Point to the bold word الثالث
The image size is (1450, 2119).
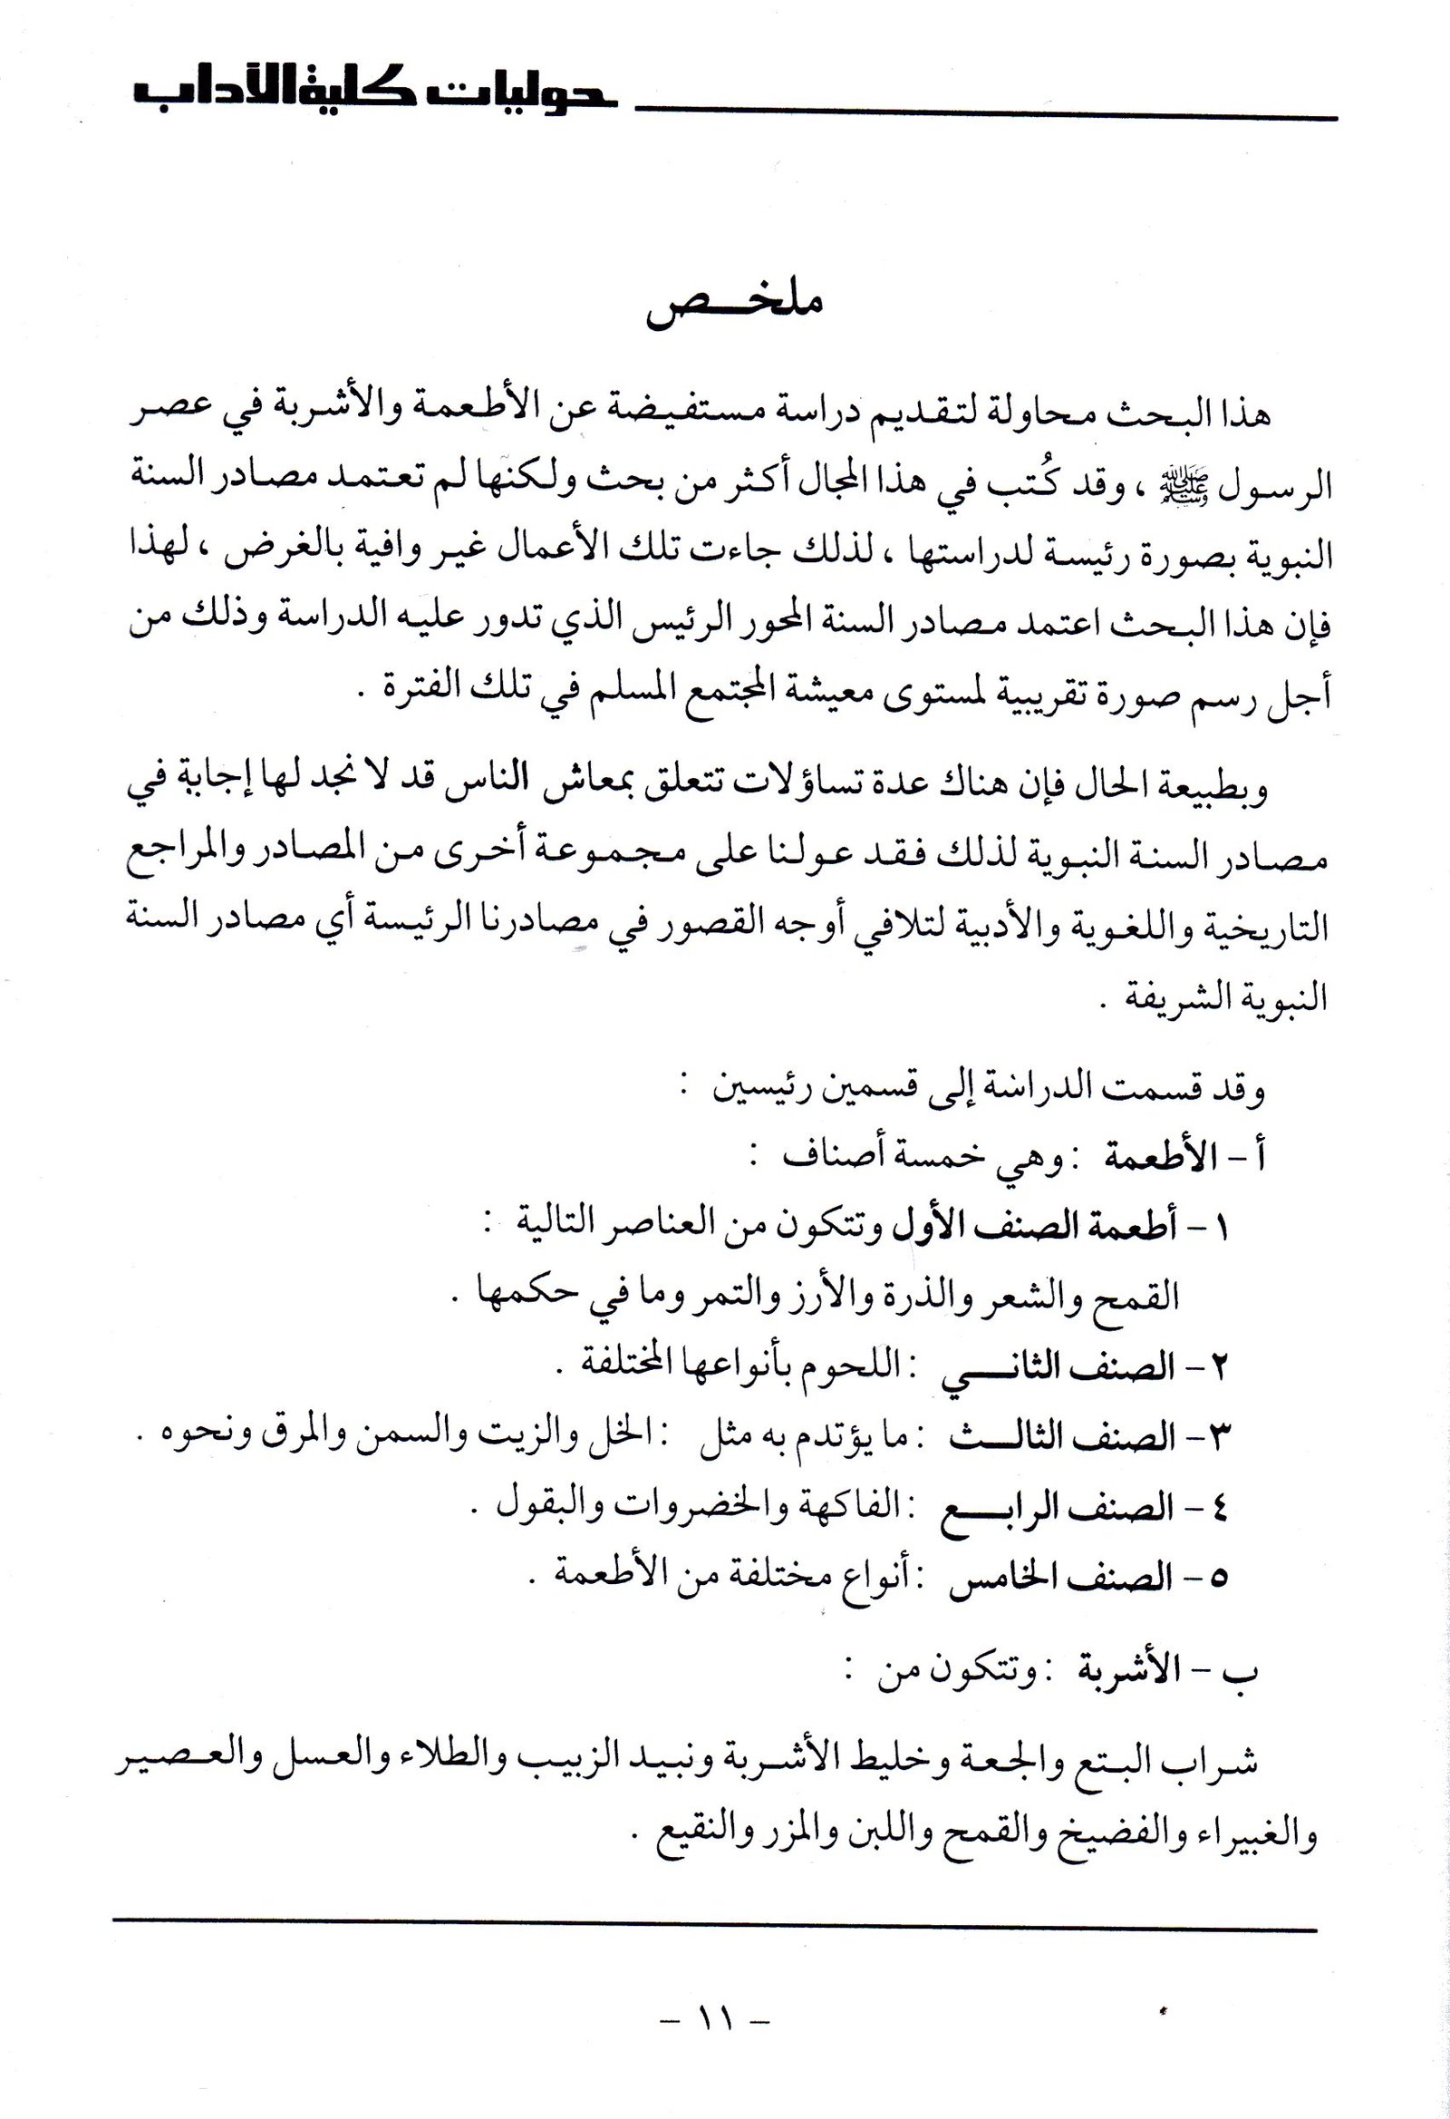pos(998,1440)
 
